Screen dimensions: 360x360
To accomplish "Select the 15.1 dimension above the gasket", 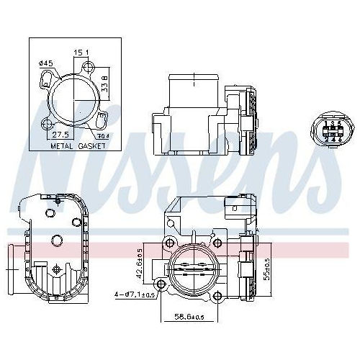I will click(81, 52).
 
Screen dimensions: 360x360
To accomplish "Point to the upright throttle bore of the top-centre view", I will click(194, 90).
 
